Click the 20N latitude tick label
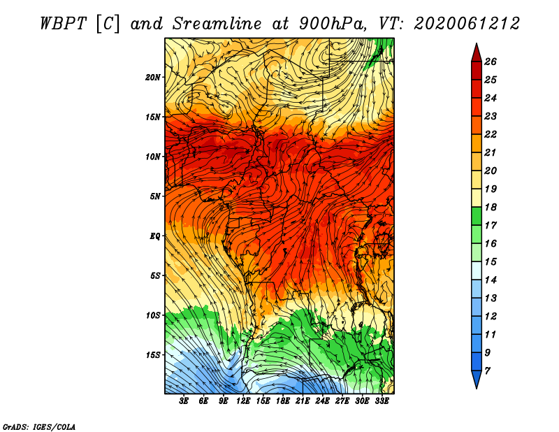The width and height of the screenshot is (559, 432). [x=152, y=78]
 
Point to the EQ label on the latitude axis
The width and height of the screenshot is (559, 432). [x=155, y=236]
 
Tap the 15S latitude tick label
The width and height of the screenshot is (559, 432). [x=152, y=355]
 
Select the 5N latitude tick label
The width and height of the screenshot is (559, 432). [x=155, y=196]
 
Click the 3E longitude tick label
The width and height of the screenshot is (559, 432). [x=184, y=401]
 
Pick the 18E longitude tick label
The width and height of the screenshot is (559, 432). [x=282, y=401]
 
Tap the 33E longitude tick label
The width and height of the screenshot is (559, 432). [x=382, y=401]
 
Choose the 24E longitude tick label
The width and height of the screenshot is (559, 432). [x=322, y=401]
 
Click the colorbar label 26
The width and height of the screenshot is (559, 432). [x=491, y=62]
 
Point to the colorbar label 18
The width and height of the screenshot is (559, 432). [x=491, y=207]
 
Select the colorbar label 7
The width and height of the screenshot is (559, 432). [x=487, y=371]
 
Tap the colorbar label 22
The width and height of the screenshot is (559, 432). [x=491, y=134]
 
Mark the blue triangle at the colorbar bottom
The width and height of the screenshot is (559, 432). [x=477, y=378]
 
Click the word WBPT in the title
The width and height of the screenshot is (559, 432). [x=63, y=24]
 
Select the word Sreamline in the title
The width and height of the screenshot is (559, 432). [x=217, y=24]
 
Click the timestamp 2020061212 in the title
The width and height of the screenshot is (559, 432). [x=467, y=24]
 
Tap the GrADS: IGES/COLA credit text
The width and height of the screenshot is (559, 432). [x=39, y=427]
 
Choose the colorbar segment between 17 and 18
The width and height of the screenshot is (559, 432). [x=477, y=216]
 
